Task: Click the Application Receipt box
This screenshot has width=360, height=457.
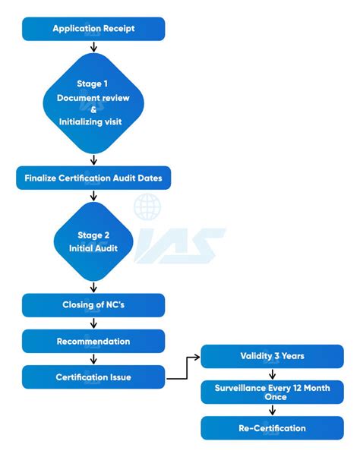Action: click(93, 29)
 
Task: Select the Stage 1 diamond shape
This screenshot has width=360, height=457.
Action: click(93, 102)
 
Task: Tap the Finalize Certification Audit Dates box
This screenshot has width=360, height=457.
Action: click(93, 178)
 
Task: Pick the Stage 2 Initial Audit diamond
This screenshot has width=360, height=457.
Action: click(93, 241)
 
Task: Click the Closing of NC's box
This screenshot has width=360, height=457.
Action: click(93, 305)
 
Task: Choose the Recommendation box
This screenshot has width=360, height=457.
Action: click(93, 342)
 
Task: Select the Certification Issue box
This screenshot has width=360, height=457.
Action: click(93, 377)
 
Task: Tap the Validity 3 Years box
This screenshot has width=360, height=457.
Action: click(272, 356)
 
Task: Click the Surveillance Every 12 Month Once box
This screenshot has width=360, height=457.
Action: click(272, 392)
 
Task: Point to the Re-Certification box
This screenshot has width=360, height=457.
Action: click(272, 428)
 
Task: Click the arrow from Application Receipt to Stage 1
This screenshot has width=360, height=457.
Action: click(93, 47)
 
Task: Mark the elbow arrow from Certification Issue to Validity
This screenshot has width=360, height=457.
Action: click(182, 368)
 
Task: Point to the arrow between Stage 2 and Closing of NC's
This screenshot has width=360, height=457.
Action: click(93, 286)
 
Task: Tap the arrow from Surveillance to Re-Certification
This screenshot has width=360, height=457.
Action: click(272, 410)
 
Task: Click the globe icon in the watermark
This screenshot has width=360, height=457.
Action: click(147, 206)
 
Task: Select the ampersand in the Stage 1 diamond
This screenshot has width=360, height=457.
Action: click(93, 109)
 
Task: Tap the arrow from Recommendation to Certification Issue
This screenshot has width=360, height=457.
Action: click(93, 359)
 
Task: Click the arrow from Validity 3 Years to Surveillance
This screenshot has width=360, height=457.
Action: click(272, 374)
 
